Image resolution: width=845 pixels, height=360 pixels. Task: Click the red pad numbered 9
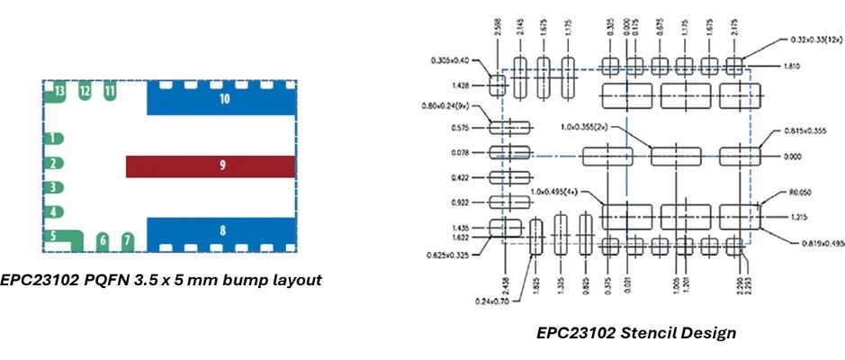pos(210,166)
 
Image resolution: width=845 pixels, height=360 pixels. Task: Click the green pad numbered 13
pos(58,92)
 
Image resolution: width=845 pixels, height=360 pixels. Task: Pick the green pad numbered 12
pos(85,91)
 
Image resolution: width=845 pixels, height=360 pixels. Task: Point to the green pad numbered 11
pos(109,91)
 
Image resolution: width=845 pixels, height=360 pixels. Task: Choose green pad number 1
pos(54,139)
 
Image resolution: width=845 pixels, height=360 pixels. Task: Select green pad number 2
pos(54,164)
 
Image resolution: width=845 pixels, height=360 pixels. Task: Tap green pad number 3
pos(54,188)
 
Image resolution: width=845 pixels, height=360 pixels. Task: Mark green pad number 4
pos(54,212)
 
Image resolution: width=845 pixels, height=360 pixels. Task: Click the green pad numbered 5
pos(57,238)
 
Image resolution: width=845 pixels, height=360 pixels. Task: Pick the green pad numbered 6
pos(103,240)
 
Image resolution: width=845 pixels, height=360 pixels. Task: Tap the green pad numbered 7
pos(128,240)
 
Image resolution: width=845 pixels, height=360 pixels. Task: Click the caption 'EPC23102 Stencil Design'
pos(635,333)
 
